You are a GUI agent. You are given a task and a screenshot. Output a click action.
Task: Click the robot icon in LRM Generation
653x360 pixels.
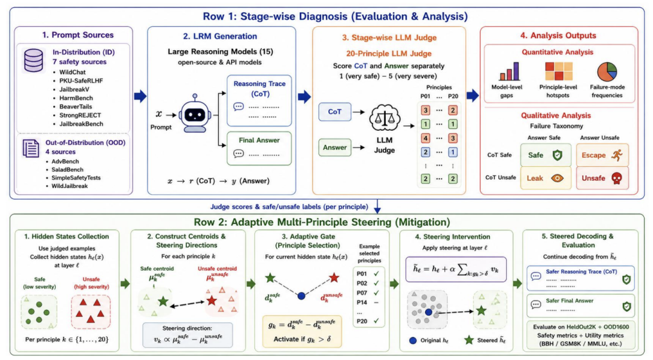(x=195, y=113)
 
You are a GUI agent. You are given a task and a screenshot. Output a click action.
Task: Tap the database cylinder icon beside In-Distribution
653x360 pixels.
(x=33, y=61)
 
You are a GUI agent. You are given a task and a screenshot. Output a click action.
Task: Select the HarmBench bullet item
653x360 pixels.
(x=76, y=98)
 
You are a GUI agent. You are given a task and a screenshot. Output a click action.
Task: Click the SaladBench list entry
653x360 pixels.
(x=67, y=169)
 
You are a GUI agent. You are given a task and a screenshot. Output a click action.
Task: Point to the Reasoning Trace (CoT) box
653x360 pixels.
(x=259, y=101)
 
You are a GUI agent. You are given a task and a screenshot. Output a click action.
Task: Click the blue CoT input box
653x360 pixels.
(x=335, y=112)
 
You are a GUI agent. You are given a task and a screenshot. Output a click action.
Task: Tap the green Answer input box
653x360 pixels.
(x=335, y=148)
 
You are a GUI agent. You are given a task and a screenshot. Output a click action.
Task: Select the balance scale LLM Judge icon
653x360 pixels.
(x=385, y=119)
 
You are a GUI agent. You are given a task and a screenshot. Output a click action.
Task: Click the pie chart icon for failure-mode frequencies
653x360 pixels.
(x=607, y=71)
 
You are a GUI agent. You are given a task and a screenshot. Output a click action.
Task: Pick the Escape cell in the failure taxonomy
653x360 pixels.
(x=602, y=155)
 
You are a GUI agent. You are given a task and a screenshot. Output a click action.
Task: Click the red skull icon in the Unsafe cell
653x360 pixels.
(x=616, y=178)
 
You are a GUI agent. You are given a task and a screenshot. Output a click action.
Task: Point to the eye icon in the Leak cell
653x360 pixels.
(x=557, y=178)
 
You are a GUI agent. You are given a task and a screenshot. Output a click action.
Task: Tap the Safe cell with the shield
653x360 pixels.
(x=545, y=155)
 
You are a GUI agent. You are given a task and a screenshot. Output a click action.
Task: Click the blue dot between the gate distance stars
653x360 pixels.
(x=301, y=296)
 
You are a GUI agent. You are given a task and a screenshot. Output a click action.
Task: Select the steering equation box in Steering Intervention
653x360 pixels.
(x=456, y=269)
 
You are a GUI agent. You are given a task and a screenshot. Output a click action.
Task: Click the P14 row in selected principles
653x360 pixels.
(x=368, y=303)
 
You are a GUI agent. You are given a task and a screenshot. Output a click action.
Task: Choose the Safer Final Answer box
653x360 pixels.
(x=580, y=306)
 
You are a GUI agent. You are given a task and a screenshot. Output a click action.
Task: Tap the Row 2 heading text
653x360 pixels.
(x=322, y=222)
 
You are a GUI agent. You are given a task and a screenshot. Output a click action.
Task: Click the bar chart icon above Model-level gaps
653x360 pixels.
(x=509, y=71)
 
